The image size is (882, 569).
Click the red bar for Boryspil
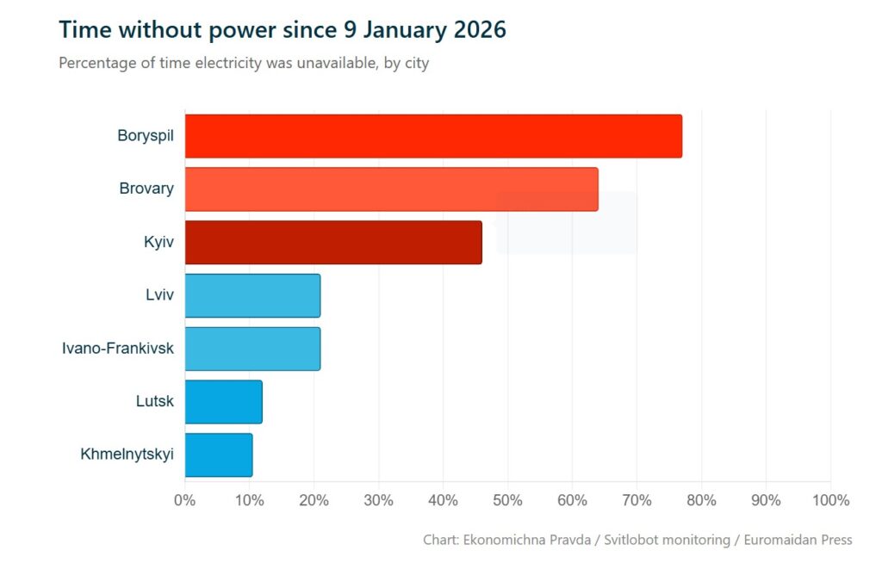click(x=432, y=136)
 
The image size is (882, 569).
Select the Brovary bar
click(x=391, y=189)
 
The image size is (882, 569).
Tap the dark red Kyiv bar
click(x=333, y=242)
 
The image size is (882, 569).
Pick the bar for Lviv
click(x=252, y=295)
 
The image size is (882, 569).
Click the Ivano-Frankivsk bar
click(x=252, y=349)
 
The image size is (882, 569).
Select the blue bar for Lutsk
click(x=223, y=402)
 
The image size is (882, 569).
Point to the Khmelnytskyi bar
click(x=219, y=455)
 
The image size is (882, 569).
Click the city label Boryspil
click(x=145, y=135)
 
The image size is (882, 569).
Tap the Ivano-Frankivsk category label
click(x=117, y=349)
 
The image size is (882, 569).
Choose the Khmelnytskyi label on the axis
click(x=127, y=455)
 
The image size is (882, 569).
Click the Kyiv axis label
click(x=158, y=242)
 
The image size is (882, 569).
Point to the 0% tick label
click(x=185, y=500)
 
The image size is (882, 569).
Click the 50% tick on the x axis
click(x=508, y=500)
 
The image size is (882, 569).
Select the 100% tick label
click(x=829, y=500)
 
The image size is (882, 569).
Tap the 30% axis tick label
click(x=379, y=500)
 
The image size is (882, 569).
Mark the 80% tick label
click(x=702, y=500)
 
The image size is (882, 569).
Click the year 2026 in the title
click(x=476, y=29)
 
